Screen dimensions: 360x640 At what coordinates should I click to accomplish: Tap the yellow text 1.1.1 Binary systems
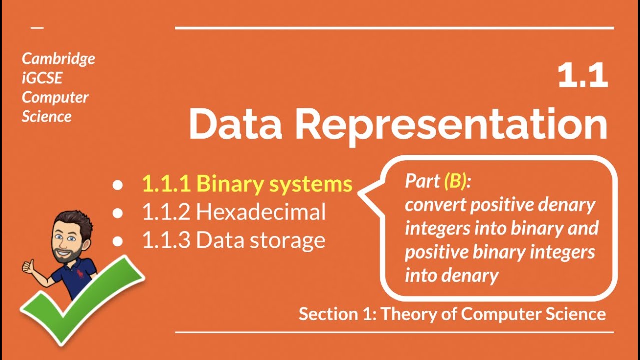point(247,184)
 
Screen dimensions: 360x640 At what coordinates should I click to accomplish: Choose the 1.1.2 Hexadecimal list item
point(234,212)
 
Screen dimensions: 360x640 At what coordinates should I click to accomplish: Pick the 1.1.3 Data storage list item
point(234,240)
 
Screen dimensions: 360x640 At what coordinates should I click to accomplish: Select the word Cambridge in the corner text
point(58,59)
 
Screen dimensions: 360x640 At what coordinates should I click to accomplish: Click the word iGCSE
point(42,78)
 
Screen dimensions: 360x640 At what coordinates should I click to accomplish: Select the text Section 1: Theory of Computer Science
point(452,314)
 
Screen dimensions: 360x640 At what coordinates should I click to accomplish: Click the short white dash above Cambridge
point(37,28)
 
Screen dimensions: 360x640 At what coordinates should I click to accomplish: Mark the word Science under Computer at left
point(47,117)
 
